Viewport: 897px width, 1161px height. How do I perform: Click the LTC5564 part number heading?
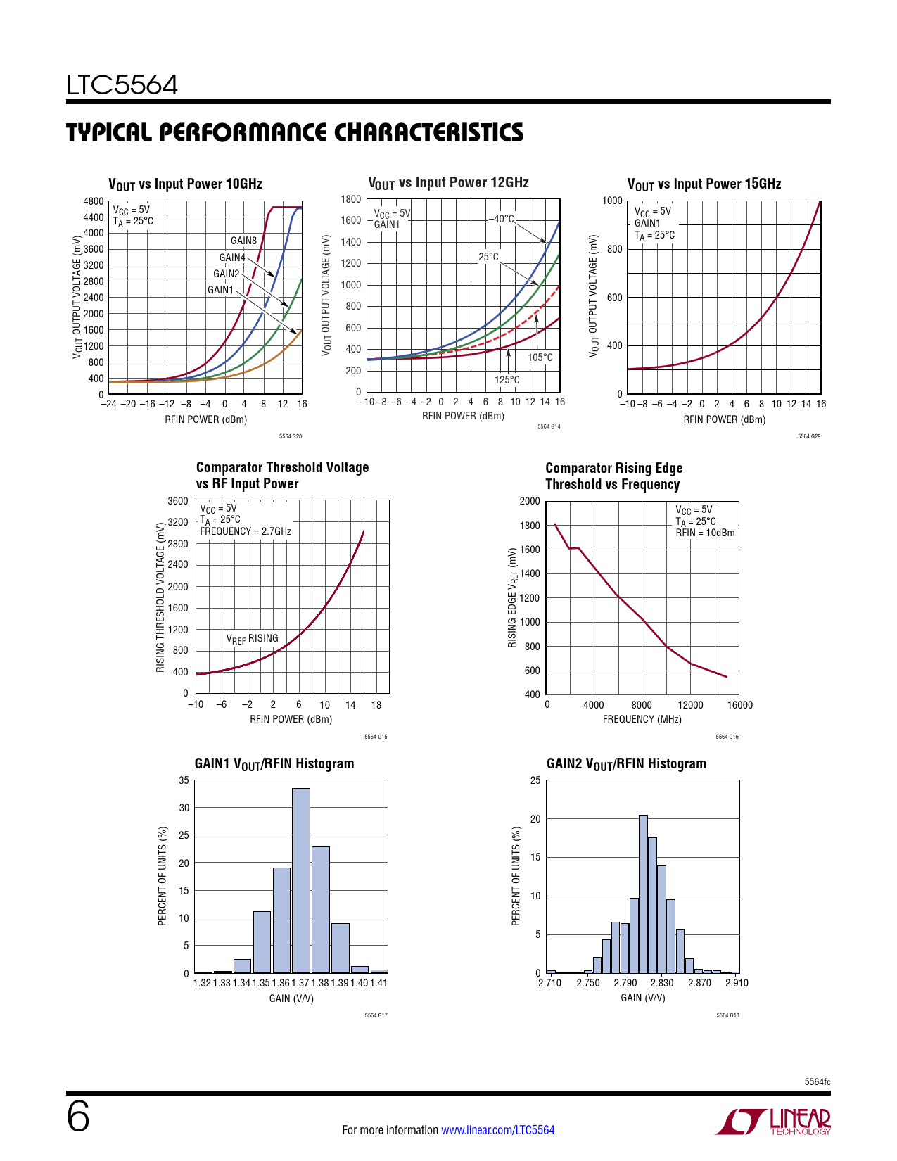(x=122, y=86)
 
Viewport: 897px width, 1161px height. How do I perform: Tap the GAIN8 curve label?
(x=243, y=241)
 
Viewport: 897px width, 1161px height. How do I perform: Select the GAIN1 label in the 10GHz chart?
(x=220, y=290)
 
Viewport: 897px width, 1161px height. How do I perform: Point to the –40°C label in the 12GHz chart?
(x=502, y=219)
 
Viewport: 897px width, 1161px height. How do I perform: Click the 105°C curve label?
(x=540, y=357)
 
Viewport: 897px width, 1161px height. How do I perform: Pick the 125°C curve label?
(x=507, y=380)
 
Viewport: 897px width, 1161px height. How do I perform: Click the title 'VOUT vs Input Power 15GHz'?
(x=704, y=184)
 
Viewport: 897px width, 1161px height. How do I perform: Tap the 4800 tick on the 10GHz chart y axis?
(x=94, y=201)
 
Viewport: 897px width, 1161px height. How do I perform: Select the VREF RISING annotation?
(x=252, y=639)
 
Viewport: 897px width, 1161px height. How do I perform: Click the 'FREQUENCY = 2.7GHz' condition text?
(x=246, y=531)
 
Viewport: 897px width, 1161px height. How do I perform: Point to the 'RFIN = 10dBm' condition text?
(x=705, y=533)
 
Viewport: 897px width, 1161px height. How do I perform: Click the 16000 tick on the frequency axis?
(x=739, y=705)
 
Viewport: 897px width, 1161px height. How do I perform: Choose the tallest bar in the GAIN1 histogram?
(x=301, y=880)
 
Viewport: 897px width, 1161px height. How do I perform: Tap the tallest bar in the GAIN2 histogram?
(x=643, y=894)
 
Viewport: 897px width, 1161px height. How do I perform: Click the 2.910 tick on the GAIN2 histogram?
(x=737, y=983)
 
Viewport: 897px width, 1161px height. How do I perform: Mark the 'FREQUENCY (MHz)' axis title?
(x=642, y=719)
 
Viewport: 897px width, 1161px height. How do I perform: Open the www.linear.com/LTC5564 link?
(x=497, y=1130)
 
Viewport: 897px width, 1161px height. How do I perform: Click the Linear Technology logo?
(x=773, y=1122)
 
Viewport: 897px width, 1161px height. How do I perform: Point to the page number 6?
(x=78, y=1117)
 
